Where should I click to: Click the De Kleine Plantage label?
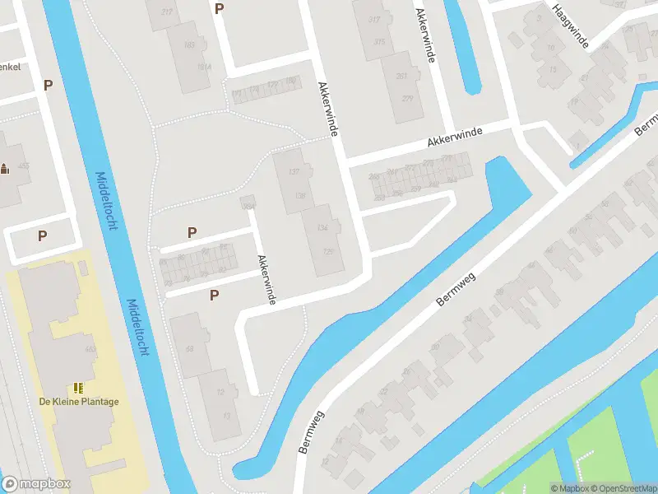point(79,402)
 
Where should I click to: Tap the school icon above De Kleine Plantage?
point(79,387)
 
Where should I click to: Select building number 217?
point(168,12)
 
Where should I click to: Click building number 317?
point(375,19)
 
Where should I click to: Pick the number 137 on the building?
point(294,171)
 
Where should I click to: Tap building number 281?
point(401,77)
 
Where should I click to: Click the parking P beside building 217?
point(219,9)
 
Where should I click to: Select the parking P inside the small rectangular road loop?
point(42,235)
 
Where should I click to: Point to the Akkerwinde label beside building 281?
point(425,37)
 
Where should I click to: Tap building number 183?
point(190,44)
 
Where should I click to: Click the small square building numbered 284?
point(247,203)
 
